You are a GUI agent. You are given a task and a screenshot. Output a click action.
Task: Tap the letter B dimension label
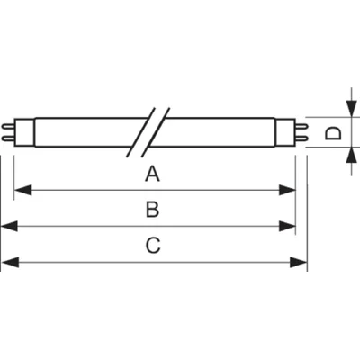coord(152,210)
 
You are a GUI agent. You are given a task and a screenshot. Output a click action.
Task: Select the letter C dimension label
coord(152,245)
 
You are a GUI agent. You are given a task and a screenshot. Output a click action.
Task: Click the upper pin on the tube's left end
coord(6,129)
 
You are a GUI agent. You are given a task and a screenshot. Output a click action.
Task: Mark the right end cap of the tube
coord(294,133)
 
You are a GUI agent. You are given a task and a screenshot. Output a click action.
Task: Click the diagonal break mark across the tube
coord(148,133)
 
